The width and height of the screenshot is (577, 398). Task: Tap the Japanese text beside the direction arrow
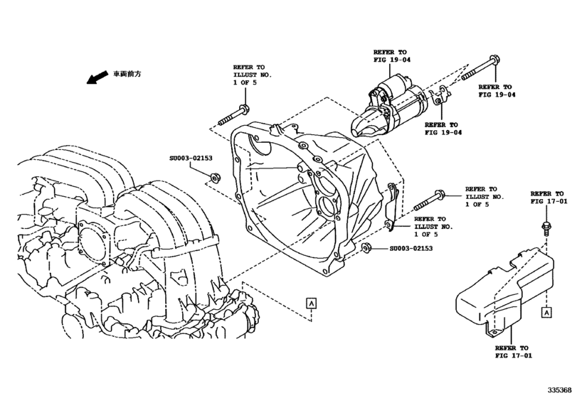pyautogui.click(x=126, y=73)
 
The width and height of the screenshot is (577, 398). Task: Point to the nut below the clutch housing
pyautogui.click(x=366, y=247)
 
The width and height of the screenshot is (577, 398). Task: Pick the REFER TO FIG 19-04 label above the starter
pyautogui.click(x=391, y=56)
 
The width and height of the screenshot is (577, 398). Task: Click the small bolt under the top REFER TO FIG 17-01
pyautogui.click(x=544, y=227)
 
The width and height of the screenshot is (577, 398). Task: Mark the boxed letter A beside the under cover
pyautogui.click(x=546, y=311)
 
